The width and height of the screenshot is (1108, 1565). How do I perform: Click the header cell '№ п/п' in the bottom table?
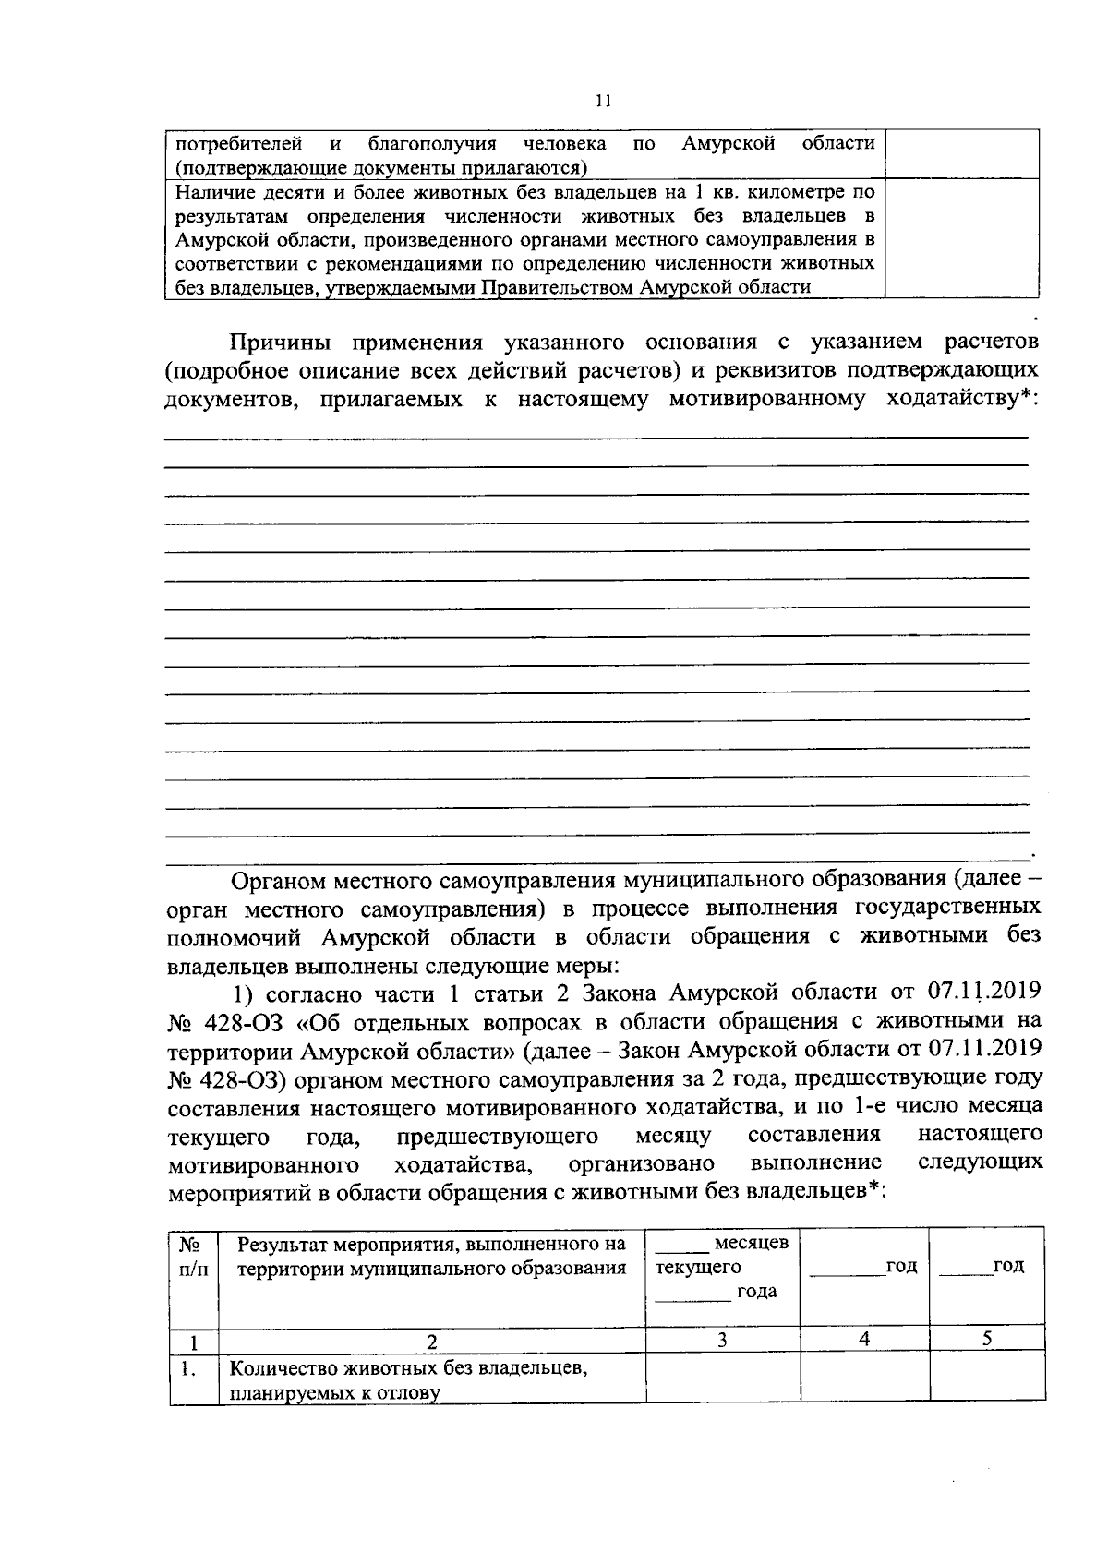point(193,1257)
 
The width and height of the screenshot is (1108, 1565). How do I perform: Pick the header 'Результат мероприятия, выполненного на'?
point(431,1244)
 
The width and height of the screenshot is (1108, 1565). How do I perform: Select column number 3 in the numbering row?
point(723,1339)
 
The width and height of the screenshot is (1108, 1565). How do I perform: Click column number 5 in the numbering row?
point(987,1339)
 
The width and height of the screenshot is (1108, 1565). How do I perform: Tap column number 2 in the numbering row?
point(431,1341)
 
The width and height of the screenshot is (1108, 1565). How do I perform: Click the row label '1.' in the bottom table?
point(189,1369)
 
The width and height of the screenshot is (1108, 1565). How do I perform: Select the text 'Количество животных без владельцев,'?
point(409,1369)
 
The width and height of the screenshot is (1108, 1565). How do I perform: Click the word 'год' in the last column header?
point(1008,1266)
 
